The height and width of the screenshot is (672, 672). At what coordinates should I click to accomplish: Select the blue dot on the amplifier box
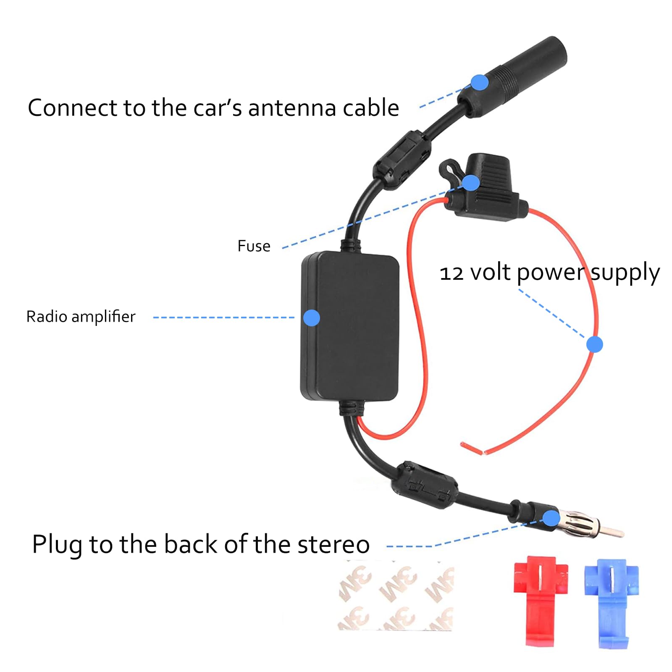tap(311, 318)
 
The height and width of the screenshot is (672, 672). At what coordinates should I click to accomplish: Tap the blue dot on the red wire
tap(594, 344)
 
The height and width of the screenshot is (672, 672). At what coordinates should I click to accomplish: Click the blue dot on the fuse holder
tap(470, 183)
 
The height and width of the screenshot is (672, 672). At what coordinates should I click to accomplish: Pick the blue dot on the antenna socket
tap(479, 82)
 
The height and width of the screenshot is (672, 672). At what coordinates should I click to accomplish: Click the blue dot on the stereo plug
tap(551, 518)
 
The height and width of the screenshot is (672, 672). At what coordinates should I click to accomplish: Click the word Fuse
tap(254, 246)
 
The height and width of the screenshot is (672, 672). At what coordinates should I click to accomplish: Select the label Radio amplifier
tap(81, 317)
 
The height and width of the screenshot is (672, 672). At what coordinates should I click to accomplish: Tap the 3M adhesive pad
tap(396, 596)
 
